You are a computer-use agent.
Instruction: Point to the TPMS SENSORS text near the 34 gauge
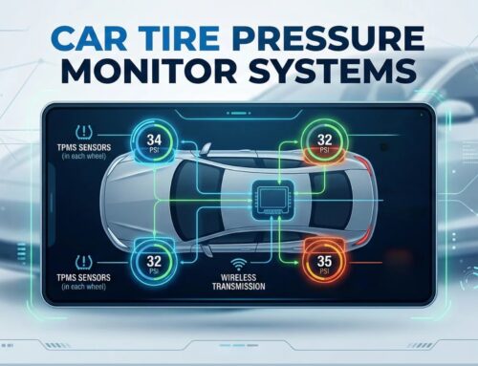tap(91, 154)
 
